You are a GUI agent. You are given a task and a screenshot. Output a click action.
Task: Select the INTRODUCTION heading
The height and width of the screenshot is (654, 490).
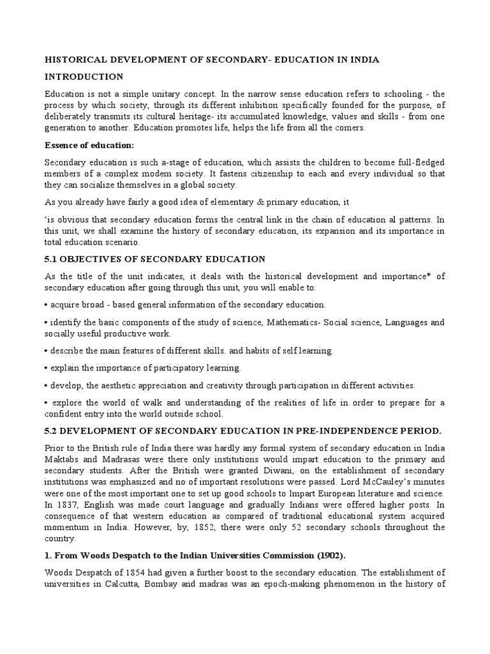click(x=84, y=77)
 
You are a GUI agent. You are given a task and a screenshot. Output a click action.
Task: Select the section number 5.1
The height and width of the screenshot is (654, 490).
click(x=52, y=259)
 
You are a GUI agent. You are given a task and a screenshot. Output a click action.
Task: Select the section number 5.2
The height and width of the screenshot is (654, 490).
click(x=52, y=430)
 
